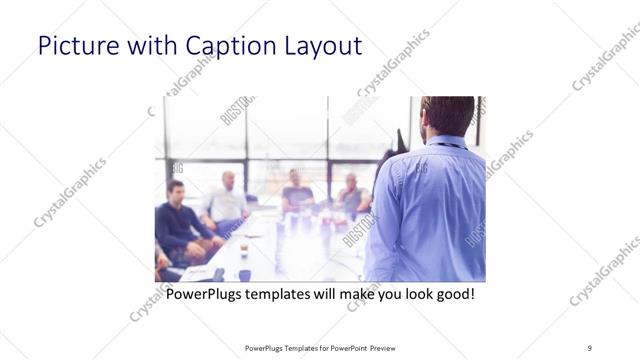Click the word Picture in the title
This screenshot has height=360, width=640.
[71, 46]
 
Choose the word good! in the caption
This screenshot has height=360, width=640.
[452, 295]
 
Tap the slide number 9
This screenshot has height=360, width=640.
[590, 347]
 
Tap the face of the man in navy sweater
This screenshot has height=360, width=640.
[176, 191]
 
